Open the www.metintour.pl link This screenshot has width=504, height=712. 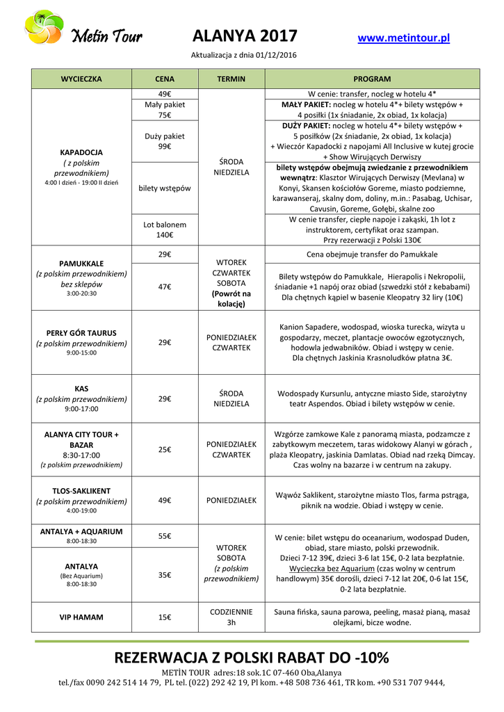coord(403,38)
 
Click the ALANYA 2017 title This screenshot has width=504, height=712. coord(245,36)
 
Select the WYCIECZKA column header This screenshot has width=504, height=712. coord(81,79)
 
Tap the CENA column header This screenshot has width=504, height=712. coord(165,79)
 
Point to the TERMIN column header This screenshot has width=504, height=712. coord(231,79)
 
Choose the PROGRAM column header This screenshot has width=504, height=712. coord(372,79)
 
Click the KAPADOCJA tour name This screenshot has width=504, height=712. coord(81,152)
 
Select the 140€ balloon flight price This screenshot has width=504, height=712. coord(165,235)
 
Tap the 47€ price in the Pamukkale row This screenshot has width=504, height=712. coord(165,286)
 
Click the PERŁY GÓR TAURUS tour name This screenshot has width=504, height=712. coord(81,333)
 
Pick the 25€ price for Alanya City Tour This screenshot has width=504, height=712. coord(165,450)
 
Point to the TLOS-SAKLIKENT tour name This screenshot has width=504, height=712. coord(81,491)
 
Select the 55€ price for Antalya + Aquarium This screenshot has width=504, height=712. coord(165,536)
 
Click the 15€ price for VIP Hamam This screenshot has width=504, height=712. coord(165,617)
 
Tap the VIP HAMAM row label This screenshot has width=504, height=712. coord(81,617)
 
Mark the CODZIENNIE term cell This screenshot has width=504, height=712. coord(231,611)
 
